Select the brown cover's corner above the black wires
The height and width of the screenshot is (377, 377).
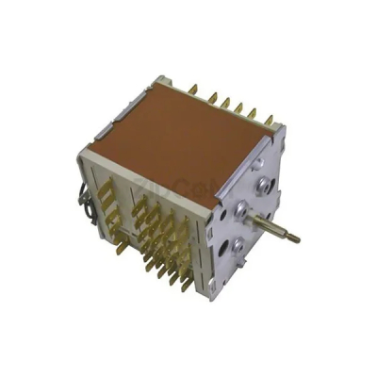pyautogui.click(x=86, y=145)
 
